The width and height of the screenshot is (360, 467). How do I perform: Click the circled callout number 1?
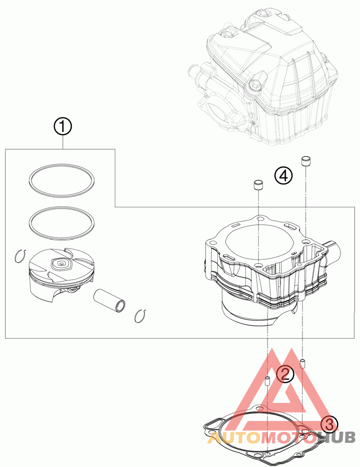[63, 126]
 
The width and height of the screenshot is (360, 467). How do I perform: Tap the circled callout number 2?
[284, 374]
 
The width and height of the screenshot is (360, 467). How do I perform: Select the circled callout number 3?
[329, 423]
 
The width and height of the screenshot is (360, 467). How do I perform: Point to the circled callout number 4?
[283, 175]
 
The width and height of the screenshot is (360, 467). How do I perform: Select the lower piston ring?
[60, 223]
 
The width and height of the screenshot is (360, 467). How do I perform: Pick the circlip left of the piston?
[19, 256]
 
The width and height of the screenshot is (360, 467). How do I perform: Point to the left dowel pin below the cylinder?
[268, 382]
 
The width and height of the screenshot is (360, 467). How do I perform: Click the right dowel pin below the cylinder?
[302, 363]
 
